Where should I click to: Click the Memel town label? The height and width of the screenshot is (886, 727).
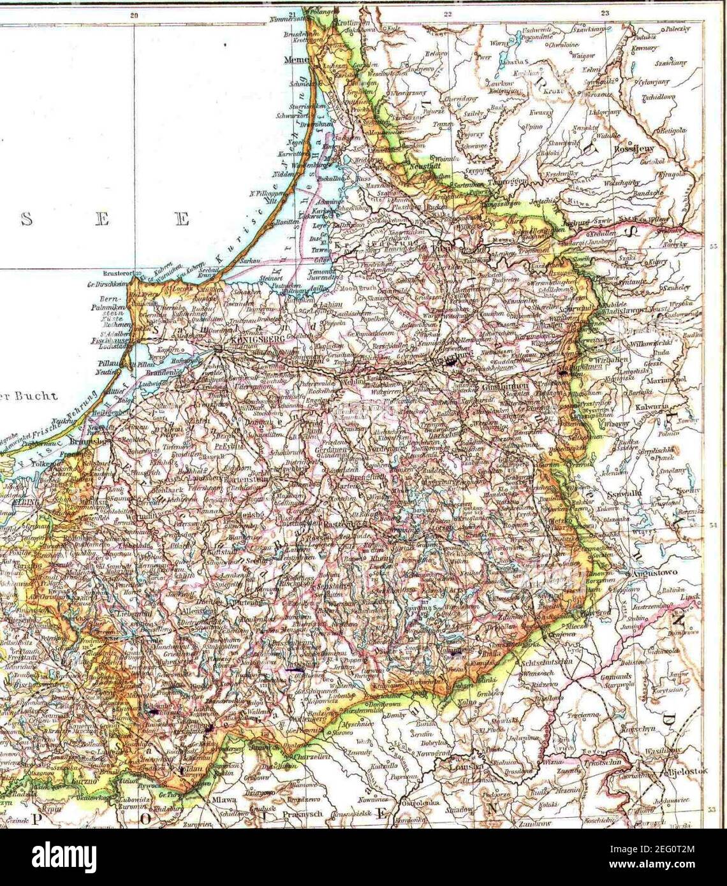(296, 60)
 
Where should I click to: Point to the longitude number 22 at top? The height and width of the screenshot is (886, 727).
(447, 13)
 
